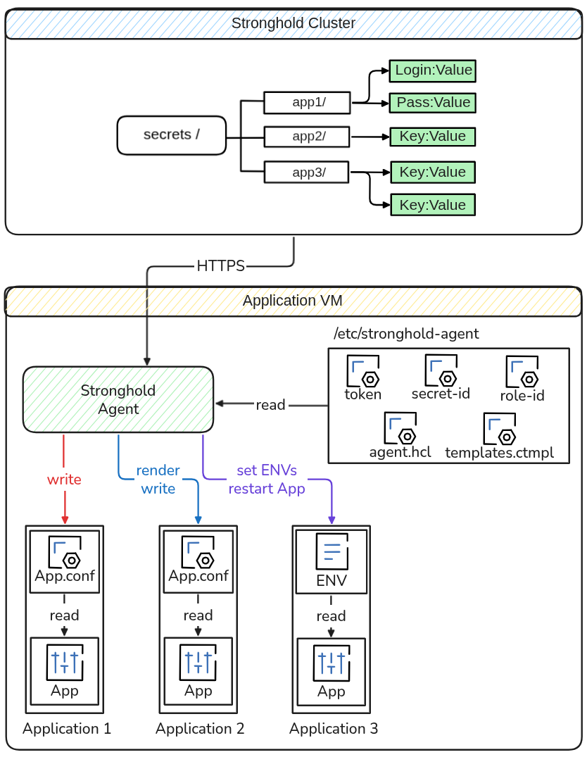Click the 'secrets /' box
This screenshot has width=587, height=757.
tap(171, 135)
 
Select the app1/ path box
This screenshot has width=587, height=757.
tap(306, 103)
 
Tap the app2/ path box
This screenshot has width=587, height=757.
tap(306, 137)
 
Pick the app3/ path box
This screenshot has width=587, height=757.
tap(306, 172)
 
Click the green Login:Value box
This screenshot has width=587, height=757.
tap(433, 70)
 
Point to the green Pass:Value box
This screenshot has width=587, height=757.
tap(433, 103)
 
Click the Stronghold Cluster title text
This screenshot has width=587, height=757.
tap(293, 23)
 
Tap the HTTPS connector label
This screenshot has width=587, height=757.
tap(221, 266)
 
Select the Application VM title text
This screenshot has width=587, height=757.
tap(293, 301)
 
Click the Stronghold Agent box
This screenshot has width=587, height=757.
tap(118, 399)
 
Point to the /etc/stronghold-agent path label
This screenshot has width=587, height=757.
tap(407, 334)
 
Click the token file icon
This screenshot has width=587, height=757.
tap(363, 371)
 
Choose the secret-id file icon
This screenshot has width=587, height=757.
tap(441, 371)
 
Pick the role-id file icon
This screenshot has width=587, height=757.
tap(522, 373)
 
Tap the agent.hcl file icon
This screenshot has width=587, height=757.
tap(400, 429)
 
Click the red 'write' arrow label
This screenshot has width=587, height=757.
tap(64, 480)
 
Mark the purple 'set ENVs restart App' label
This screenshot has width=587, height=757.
tap(267, 480)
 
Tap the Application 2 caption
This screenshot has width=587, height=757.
tap(200, 729)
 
